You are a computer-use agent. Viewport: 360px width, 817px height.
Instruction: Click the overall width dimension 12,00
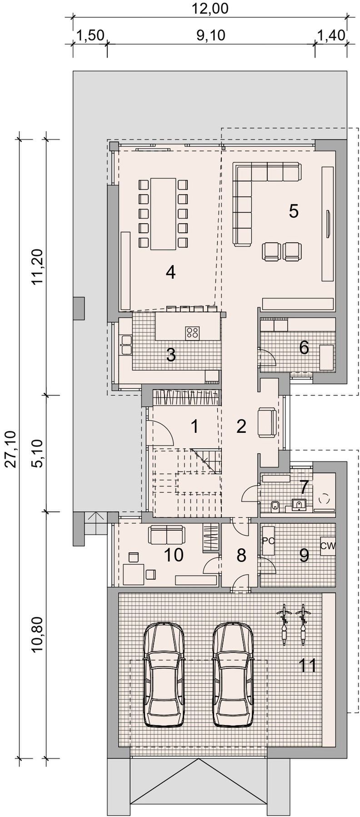(x=210, y=8)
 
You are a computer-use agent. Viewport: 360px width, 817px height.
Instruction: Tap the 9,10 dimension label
(x=211, y=35)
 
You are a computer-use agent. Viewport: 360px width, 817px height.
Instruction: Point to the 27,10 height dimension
(x=12, y=449)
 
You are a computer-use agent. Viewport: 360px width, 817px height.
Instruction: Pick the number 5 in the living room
(x=294, y=211)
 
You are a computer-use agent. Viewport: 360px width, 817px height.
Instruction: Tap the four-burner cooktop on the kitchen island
(x=192, y=333)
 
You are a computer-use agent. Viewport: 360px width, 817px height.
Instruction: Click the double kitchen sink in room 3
(x=126, y=345)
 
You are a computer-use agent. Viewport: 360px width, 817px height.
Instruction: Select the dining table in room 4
(x=163, y=214)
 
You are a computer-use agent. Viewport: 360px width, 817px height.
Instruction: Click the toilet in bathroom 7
(x=274, y=505)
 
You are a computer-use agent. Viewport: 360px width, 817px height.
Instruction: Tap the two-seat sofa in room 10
(x=166, y=535)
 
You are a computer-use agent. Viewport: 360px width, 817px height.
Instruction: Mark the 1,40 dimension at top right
(x=331, y=35)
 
